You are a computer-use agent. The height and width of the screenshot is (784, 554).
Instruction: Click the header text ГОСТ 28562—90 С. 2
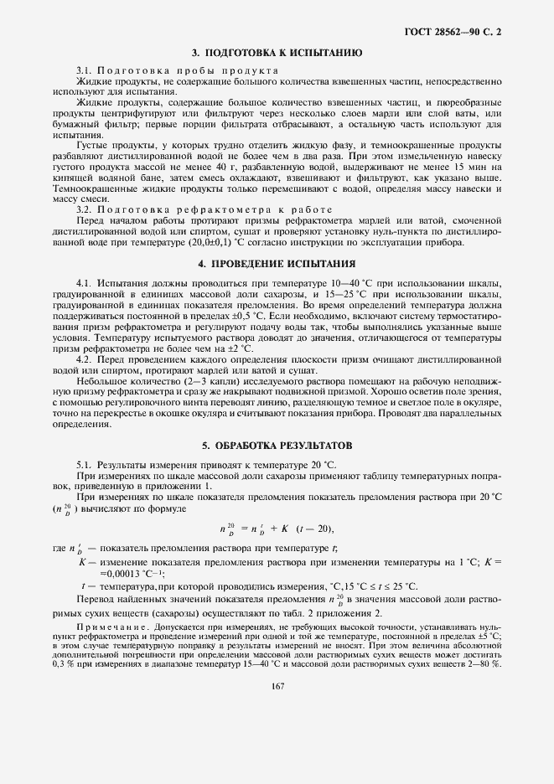pos(457,31)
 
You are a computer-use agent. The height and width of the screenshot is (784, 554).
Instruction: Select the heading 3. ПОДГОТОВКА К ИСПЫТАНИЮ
pos(277,52)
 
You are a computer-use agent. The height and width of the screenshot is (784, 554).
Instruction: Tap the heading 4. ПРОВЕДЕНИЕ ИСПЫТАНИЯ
pos(277,264)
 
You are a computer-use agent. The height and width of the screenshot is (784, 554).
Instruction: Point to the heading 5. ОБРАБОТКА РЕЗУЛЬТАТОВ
pos(277,445)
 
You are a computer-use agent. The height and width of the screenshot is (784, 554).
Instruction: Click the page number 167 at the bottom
pos(277,686)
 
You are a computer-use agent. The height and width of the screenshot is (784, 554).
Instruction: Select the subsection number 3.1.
pos(84,70)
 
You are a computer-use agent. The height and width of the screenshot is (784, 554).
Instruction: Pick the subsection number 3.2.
pos(84,209)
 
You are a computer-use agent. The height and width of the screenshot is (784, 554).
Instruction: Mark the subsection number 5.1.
pos(84,464)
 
